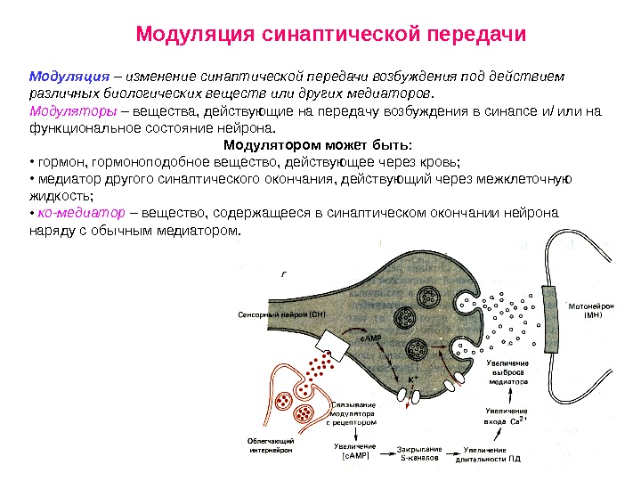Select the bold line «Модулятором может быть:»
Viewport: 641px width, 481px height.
pos(318,145)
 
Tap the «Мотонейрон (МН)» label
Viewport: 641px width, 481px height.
pos(592,310)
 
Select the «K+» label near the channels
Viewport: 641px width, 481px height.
pos(414,380)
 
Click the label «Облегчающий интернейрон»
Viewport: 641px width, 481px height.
pos(270,445)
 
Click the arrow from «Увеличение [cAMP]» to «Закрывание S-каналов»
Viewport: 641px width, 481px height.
pos(385,453)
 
